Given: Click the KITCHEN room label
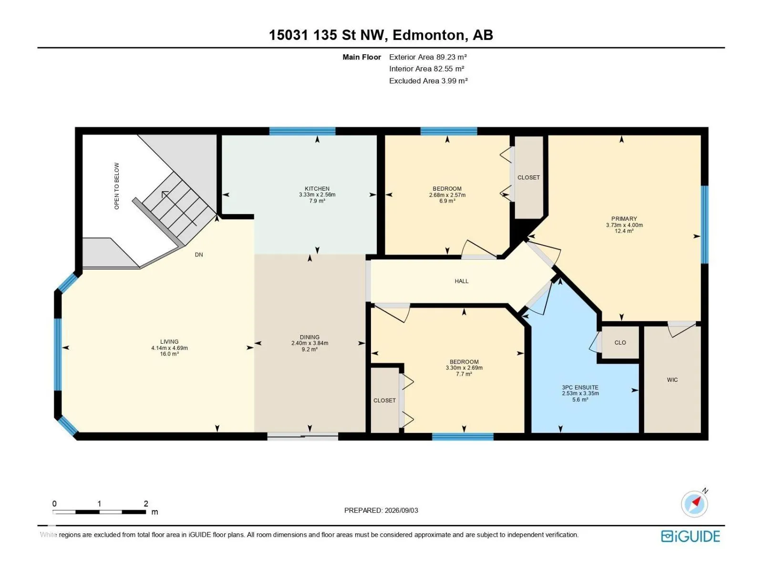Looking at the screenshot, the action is point(317,189).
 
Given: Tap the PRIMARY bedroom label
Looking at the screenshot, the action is point(624,218).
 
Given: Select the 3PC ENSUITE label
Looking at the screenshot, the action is point(580,387).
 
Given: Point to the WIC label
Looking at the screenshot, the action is point(672,379).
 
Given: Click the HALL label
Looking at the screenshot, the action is point(461,281).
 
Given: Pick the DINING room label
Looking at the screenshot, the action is point(309,337).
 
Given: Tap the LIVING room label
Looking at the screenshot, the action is point(169,342).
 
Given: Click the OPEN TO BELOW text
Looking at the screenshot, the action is point(117,186).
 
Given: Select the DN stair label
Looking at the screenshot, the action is point(199,255).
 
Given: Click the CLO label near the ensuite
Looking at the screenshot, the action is point(620,342).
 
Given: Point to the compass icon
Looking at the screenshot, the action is point(694,503).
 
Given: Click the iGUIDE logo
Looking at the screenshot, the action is point(691,536).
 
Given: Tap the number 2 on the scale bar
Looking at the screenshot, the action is point(146,503).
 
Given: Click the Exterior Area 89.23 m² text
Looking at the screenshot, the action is point(428,57).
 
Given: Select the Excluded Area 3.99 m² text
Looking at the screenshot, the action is point(428,81).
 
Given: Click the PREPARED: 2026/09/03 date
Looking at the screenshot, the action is point(381,510).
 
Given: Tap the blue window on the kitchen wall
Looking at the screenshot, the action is point(302,131).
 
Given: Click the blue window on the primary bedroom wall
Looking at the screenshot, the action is point(704,225).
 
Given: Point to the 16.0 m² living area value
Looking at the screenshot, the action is point(169,354).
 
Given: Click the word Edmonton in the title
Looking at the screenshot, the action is point(429,35).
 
